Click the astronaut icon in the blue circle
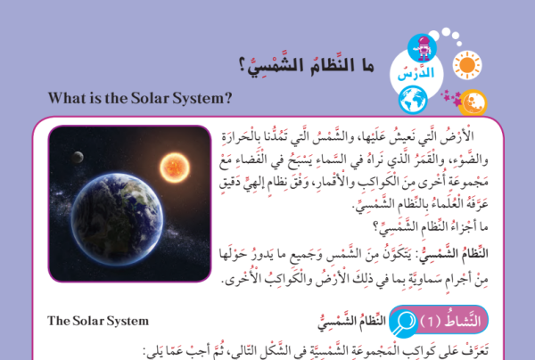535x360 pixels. click(x=422, y=48)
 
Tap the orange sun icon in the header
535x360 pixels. click(x=467, y=65)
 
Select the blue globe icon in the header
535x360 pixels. click(x=413, y=100)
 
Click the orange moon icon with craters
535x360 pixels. click(x=473, y=102)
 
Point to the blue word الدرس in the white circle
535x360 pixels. click(x=416, y=72)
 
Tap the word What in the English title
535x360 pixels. click(x=63, y=98)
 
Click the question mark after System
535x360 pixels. click(x=228, y=98)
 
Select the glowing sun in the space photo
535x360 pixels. click(x=175, y=168)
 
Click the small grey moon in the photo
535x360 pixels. click(x=78, y=157)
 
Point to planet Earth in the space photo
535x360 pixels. click(x=117, y=219)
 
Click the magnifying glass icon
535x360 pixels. click(x=403, y=323)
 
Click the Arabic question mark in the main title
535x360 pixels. click(x=242, y=65)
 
